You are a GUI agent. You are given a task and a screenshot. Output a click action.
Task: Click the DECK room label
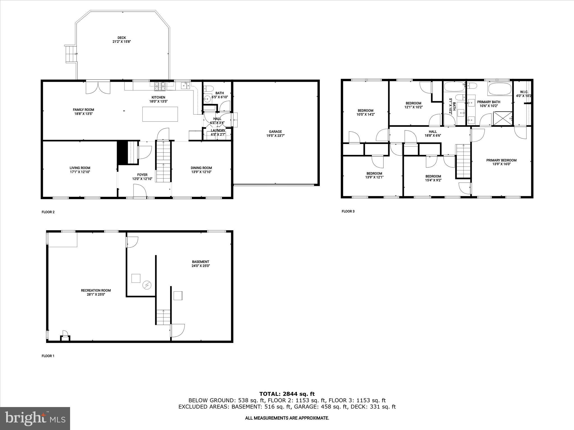click(x=122, y=39)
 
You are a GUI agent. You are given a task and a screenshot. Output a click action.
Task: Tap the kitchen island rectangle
click(x=160, y=114)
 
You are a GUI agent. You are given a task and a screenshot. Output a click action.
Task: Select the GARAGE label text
click(x=275, y=134)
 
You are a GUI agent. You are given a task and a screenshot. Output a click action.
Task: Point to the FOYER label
click(x=142, y=177)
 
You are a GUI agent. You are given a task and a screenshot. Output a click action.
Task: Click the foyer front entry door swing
click(x=140, y=191)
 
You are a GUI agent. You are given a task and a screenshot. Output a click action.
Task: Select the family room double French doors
click(x=98, y=87)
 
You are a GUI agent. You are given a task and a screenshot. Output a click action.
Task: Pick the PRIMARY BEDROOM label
click(x=501, y=162)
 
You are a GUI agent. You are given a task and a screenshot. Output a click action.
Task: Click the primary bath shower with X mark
click(x=503, y=119)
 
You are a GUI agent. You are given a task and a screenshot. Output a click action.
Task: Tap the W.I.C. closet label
click(x=524, y=94)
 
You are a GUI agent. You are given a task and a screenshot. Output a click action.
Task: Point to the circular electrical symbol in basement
click(x=147, y=285)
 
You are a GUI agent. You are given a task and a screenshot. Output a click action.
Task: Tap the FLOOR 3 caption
click(x=348, y=211)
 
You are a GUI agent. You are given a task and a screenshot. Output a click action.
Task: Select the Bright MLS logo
click(x=35, y=418)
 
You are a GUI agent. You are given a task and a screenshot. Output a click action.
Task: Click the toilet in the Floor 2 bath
click(x=208, y=89)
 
